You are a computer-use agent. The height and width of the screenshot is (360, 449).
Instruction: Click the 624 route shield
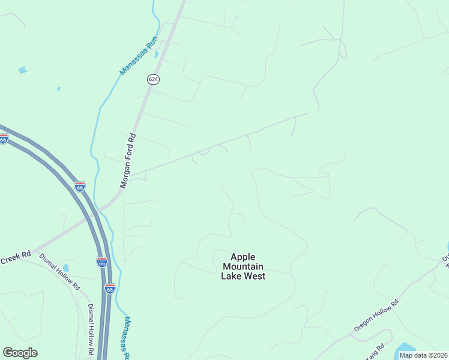(153, 79)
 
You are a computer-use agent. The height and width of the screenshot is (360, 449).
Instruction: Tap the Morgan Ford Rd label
(128, 161)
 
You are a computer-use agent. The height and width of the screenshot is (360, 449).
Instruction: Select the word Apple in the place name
(243, 256)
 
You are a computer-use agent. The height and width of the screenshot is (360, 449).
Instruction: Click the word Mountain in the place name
(243, 266)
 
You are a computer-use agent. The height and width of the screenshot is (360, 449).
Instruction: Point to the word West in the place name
(253, 276)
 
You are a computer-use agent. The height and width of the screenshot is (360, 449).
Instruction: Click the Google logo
(20, 353)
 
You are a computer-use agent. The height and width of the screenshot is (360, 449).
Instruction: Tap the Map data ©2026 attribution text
(423, 355)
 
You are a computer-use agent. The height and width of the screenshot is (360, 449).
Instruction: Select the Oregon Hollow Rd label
(376, 316)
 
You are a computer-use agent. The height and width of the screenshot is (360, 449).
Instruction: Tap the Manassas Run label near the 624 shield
(139, 56)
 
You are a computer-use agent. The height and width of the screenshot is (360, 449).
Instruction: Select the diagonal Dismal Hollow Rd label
(59, 272)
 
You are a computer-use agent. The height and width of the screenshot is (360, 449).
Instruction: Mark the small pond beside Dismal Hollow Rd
(66, 268)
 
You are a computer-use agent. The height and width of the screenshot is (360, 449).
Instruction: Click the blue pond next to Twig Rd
(406, 348)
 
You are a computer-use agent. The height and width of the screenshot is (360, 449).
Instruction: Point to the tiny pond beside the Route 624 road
(156, 54)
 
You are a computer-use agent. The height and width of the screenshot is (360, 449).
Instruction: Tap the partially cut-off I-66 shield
(4, 139)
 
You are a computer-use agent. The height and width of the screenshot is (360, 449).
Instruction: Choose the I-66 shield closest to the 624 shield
(80, 187)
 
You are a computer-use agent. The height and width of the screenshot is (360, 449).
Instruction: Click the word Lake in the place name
(231, 276)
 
